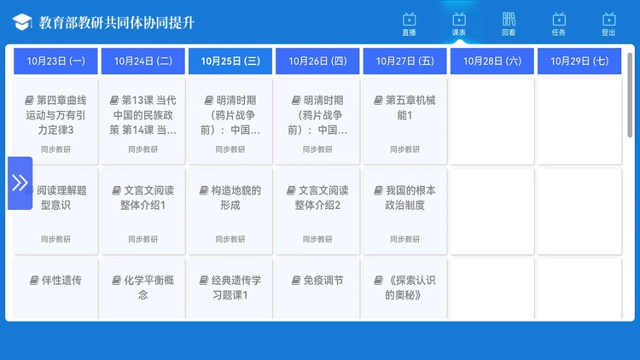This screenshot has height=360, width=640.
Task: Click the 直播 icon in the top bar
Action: click(409, 23)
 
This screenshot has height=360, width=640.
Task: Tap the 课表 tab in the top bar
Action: click(459, 23)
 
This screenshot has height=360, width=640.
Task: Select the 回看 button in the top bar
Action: click(509, 23)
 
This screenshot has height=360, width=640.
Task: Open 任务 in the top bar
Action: click(559, 23)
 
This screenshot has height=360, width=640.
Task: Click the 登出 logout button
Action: click(608, 23)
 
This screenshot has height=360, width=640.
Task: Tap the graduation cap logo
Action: click(22, 22)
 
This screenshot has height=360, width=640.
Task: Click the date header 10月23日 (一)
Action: click(55, 61)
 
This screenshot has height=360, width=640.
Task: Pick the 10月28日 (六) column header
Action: click(492, 61)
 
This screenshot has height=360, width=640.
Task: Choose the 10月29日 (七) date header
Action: click(579, 61)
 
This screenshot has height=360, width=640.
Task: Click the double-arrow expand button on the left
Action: click(20, 183)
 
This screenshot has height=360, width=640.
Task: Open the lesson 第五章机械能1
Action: click(404, 119)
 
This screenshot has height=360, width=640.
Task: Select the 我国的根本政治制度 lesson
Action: click(404, 209)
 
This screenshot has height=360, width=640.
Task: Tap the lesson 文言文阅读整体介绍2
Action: click(317, 209)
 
